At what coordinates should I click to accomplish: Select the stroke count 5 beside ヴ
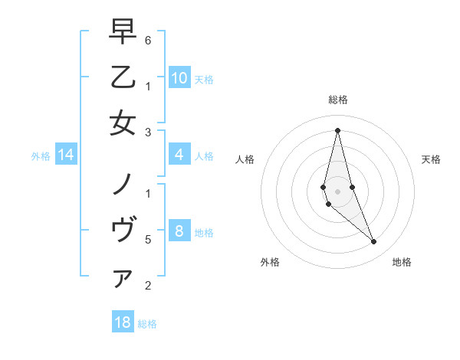coord(148,240)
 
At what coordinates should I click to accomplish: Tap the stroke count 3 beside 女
coord(148,133)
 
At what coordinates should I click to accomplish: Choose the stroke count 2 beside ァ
coord(148,286)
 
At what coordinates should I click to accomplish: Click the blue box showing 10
coord(179,78)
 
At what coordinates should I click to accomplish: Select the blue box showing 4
coord(179,155)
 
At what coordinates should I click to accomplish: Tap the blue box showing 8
coord(179,232)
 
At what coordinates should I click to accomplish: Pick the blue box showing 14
coord(66,155)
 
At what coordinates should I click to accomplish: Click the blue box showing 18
coord(123,322)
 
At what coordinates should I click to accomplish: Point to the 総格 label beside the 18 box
coord(147,324)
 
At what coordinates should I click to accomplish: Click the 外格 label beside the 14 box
coord(41,156)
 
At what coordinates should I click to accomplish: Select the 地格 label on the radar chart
coord(402,262)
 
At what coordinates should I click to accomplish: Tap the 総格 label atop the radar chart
coord(337,100)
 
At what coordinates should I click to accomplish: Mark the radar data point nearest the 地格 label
coord(374,242)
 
